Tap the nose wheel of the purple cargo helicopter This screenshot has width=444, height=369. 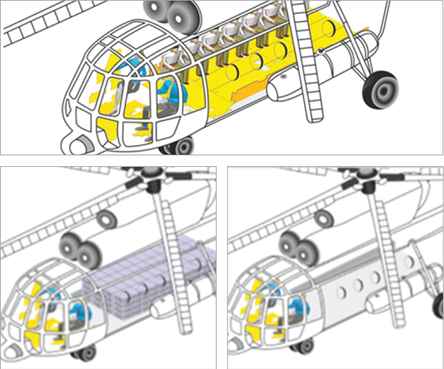click(86, 352)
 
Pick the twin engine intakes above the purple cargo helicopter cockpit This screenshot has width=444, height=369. click(79, 252)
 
